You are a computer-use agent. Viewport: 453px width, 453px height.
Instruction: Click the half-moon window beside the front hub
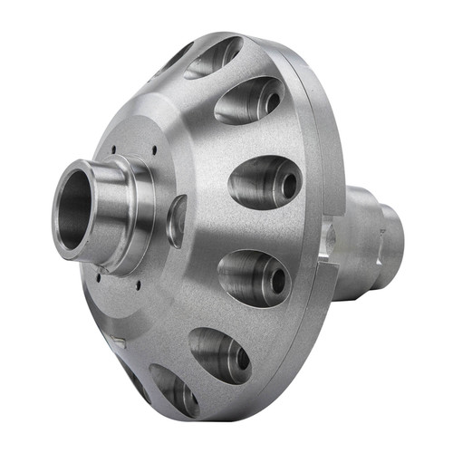point(177,220)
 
